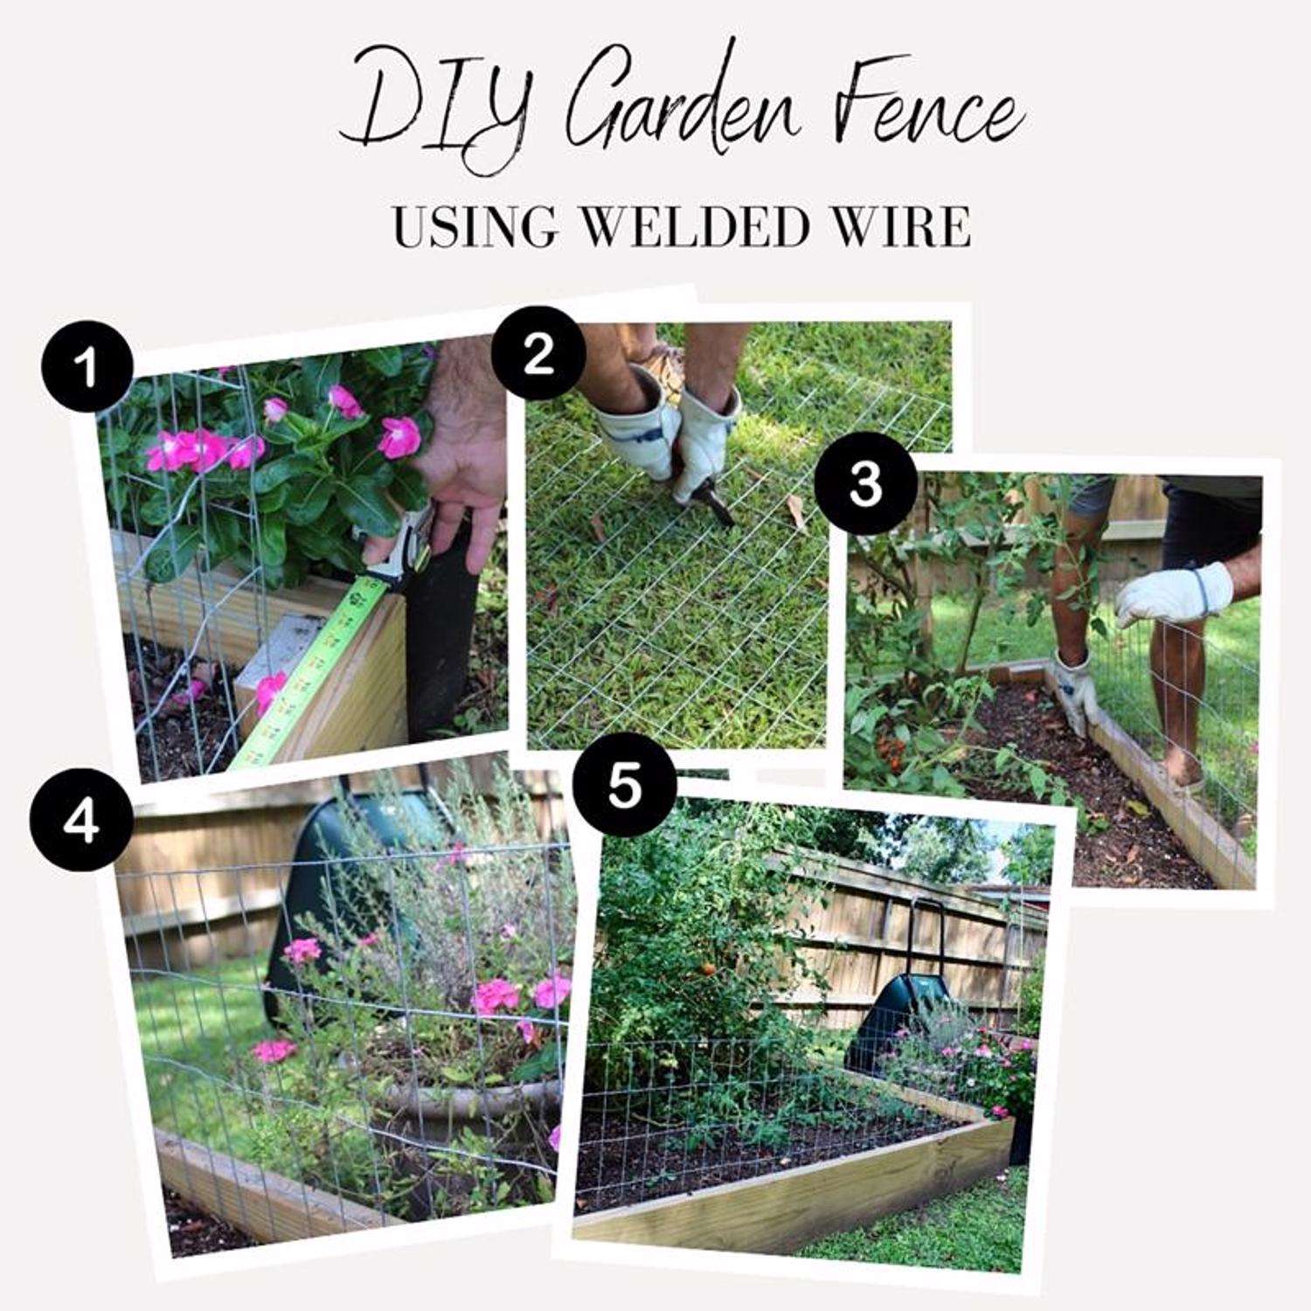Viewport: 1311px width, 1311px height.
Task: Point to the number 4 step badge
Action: [x=80, y=822]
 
